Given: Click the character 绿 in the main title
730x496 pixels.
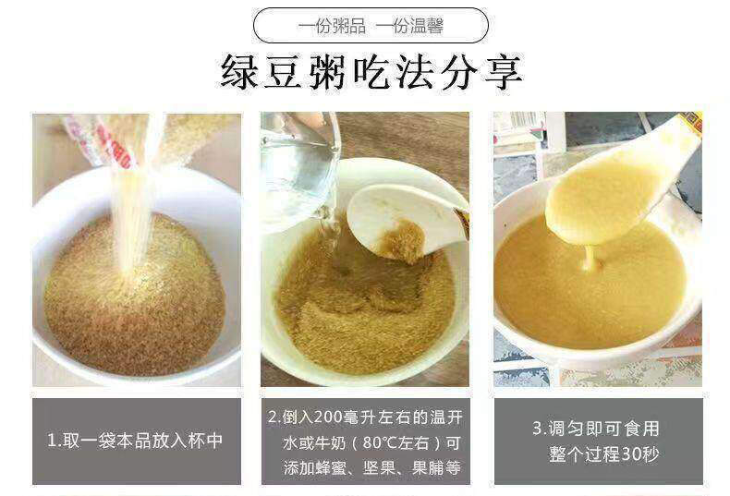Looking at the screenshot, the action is tap(239, 72).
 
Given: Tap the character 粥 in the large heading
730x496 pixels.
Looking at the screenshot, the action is tap(327, 72).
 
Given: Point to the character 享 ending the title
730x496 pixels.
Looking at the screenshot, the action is tap(505, 72).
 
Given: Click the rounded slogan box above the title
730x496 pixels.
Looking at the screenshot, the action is tap(371, 25).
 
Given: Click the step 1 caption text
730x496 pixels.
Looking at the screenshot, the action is tap(135, 441).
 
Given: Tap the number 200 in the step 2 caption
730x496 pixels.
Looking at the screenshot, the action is tap(330, 417).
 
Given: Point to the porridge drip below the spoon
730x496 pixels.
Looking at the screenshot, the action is tap(589, 259).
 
